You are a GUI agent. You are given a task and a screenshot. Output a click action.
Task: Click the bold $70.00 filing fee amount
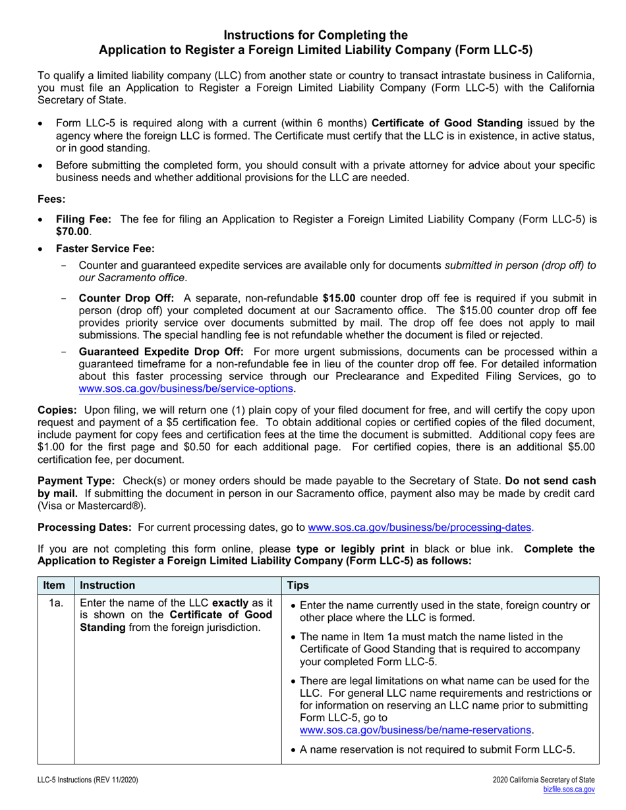click(x=72, y=231)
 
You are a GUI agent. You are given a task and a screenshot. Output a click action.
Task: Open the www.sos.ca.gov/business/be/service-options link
click(x=186, y=389)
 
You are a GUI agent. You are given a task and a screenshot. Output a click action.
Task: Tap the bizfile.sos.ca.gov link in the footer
click(x=569, y=789)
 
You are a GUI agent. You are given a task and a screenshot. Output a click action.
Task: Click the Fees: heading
click(x=51, y=198)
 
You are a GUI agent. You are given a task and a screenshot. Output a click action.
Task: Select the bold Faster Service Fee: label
click(x=105, y=248)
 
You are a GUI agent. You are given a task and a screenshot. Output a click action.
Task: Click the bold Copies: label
click(x=57, y=410)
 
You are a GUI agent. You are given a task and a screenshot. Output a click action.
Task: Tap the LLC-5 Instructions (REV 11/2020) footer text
click(x=88, y=780)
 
